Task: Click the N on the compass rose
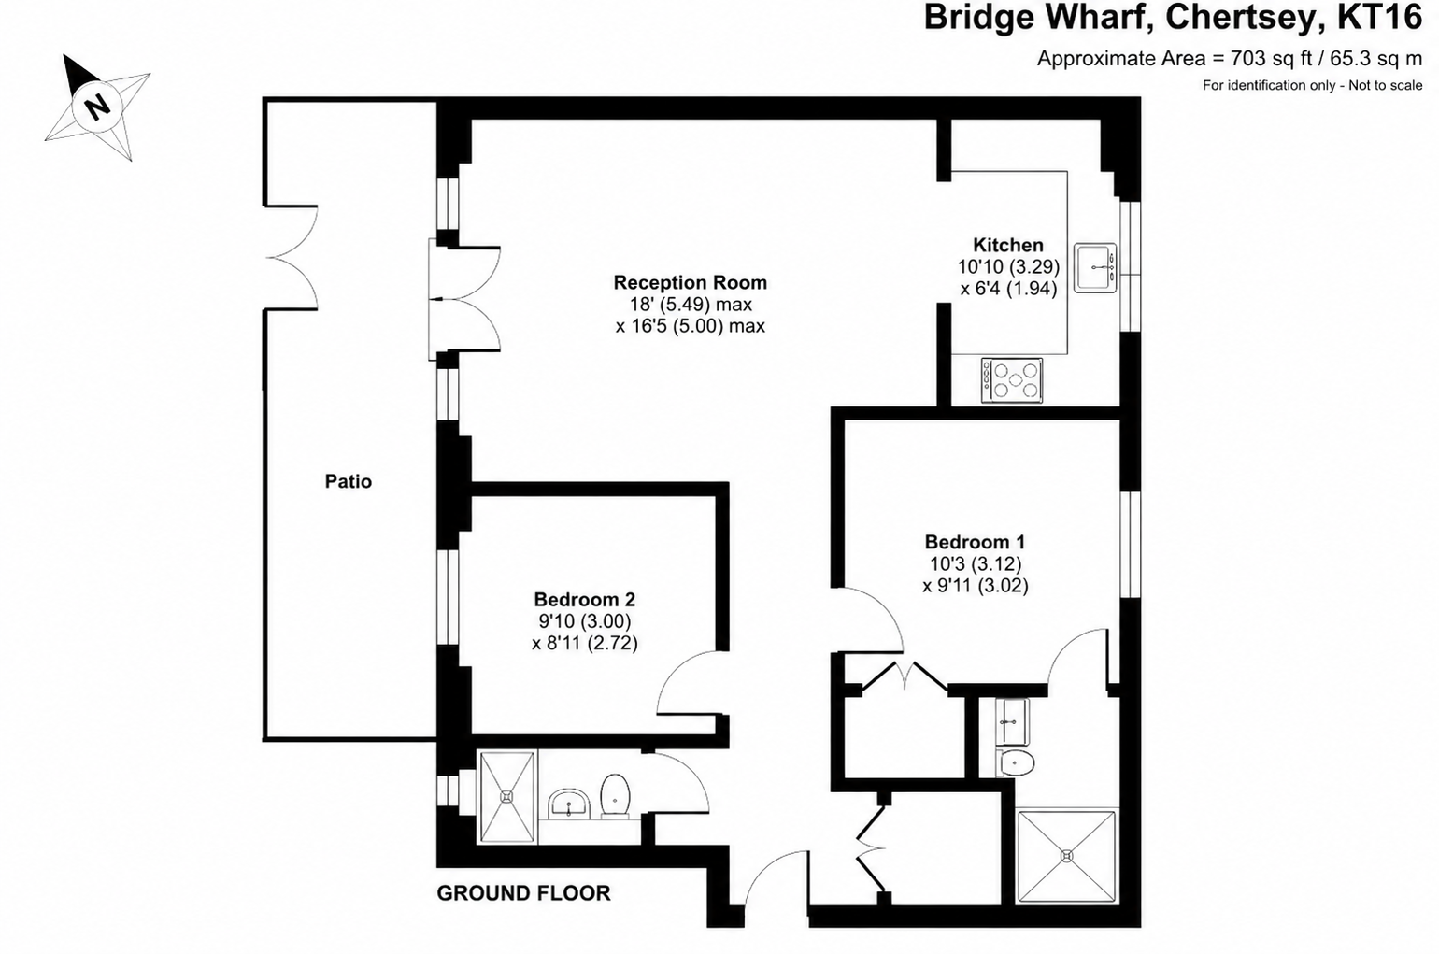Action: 97,107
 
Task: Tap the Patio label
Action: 349,481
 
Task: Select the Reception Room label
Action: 690,282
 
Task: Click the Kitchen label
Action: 1008,245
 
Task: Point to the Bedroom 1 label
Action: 975,542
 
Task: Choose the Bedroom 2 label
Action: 585,599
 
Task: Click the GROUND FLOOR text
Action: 523,893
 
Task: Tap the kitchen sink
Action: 1096,267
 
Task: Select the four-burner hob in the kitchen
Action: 1012,380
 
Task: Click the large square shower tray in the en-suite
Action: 1067,856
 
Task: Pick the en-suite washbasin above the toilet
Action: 1012,721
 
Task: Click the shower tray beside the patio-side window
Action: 506,797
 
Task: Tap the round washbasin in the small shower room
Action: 568,804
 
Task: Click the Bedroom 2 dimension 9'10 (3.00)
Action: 585,621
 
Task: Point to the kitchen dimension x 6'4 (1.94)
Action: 1008,289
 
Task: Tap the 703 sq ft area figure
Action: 1260,59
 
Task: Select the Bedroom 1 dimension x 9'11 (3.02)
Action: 976,585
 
